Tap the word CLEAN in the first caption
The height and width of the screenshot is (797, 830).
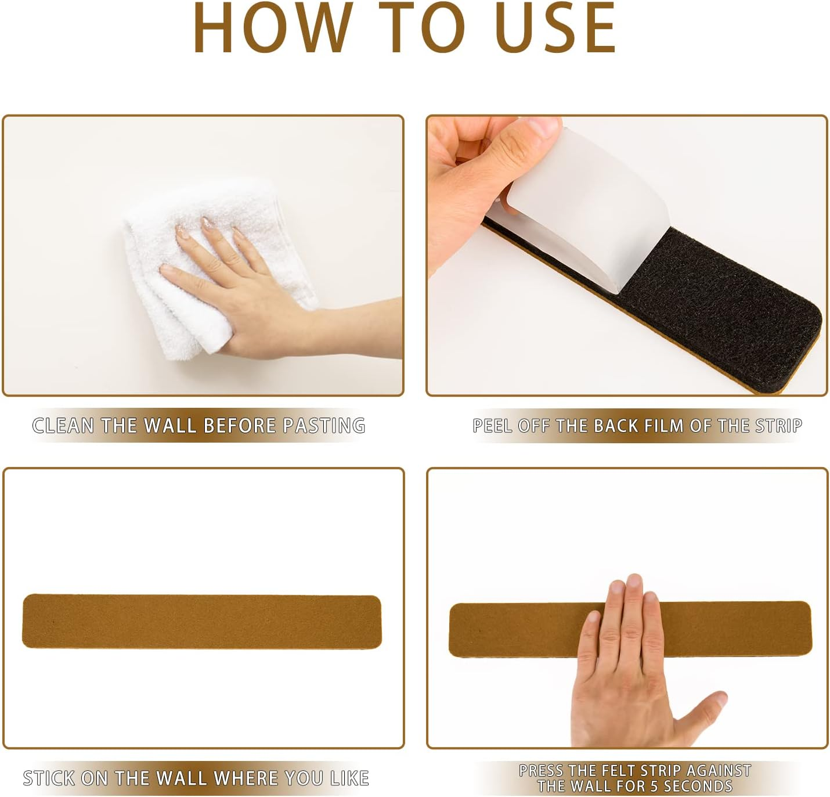coord(63,426)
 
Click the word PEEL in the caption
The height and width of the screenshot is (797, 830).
coord(492,426)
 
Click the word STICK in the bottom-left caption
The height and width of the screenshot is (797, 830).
coord(49,778)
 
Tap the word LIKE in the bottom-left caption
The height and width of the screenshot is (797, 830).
coord(349,778)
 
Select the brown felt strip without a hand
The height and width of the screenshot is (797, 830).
coord(201,621)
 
